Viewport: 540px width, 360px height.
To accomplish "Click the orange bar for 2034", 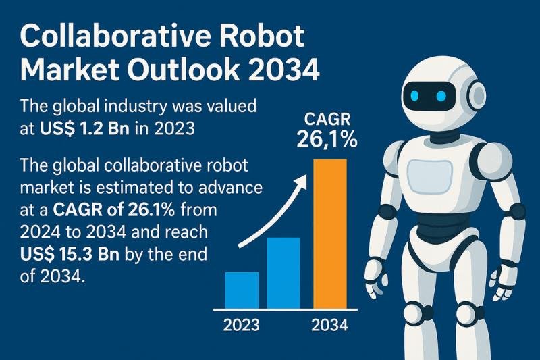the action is tap(330, 234).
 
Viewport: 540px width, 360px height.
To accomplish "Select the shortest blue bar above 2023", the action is tap(242, 290).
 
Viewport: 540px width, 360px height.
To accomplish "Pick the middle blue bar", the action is tap(283, 273).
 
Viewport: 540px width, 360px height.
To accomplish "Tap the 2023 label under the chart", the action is tap(242, 325).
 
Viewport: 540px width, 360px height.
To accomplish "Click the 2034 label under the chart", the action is tap(329, 325).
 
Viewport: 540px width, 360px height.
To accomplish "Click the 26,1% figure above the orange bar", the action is tap(327, 140).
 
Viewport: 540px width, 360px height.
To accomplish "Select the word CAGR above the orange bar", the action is tap(327, 120).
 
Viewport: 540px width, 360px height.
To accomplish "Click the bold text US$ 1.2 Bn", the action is tap(85, 128).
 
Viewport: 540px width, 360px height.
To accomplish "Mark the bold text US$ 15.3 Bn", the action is tap(70, 255).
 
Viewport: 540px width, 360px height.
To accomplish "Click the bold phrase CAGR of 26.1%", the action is tap(113, 210).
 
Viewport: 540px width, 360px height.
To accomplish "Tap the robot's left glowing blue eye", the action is tap(414, 95).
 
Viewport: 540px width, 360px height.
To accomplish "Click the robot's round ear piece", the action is tap(478, 94).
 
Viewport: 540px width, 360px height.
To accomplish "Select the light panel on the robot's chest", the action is tap(429, 177).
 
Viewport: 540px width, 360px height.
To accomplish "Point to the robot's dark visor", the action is tap(429, 96).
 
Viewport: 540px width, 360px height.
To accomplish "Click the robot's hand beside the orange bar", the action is tap(376, 279).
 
